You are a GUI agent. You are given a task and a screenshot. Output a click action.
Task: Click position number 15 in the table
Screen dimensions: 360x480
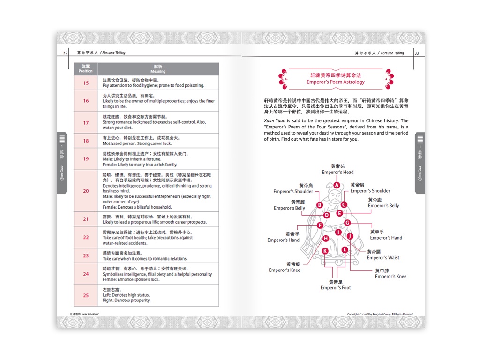86,83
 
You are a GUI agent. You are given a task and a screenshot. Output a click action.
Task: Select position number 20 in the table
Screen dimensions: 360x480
86,191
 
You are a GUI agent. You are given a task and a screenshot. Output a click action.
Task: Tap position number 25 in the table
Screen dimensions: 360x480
86,295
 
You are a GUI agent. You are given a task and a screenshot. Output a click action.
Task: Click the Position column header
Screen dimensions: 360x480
86,69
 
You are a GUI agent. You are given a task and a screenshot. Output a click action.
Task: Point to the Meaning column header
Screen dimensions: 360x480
158,69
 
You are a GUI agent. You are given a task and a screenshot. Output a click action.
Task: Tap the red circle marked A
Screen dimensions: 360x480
337,185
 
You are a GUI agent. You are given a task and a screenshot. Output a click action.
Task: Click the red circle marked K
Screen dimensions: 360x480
325,251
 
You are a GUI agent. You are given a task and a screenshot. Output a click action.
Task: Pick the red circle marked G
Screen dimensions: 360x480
348,223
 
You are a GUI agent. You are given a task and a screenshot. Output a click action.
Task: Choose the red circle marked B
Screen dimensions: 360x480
320,205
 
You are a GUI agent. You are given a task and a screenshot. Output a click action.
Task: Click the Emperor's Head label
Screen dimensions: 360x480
337,172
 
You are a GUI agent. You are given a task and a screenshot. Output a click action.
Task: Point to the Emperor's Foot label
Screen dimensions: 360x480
336,287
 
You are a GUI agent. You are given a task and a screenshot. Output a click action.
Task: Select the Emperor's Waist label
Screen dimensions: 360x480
383,257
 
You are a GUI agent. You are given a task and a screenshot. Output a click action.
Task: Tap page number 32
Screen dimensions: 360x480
66,53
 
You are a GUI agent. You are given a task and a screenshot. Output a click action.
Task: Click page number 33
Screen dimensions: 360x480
416,53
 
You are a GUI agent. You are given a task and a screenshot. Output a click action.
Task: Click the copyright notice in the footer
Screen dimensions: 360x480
380,314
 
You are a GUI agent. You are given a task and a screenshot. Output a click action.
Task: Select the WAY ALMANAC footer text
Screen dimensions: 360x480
90,314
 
